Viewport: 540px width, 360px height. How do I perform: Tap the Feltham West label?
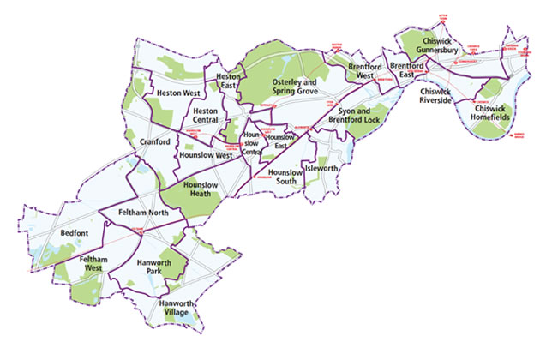pos(92,263)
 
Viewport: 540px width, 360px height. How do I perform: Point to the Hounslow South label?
pos(285,177)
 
